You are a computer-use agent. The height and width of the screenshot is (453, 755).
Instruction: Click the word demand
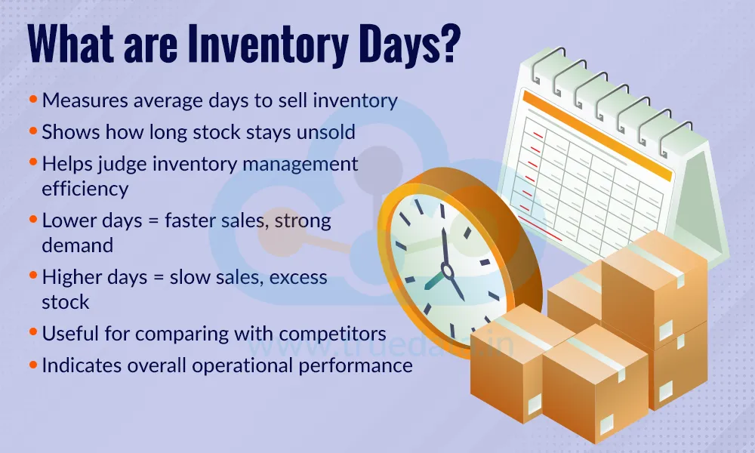pos(77,245)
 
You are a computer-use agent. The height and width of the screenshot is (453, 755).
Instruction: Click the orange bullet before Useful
pos(33,333)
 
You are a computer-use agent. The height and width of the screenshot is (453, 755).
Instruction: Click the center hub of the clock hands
pos(447,270)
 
